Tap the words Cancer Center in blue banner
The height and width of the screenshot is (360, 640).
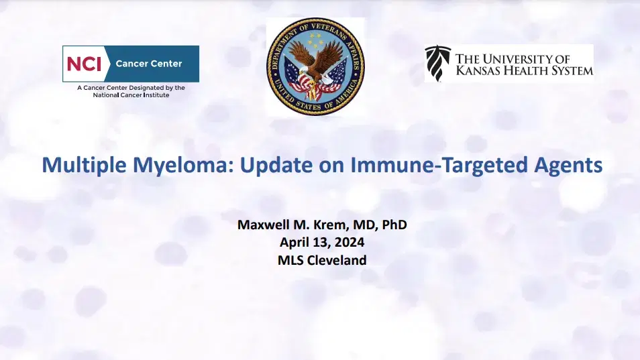(149, 64)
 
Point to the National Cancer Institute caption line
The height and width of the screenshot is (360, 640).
(131, 95)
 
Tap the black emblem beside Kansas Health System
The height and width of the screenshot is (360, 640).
(438, 63)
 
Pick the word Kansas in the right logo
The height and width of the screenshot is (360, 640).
(482, 70)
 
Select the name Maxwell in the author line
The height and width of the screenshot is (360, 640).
(265, 225)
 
